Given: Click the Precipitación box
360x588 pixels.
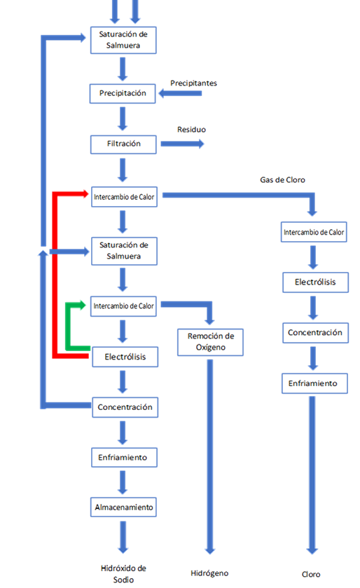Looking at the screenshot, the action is coord(123,93).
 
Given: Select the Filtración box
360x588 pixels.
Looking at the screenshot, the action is coord(123,144).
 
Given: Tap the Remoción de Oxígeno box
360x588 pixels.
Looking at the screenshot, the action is coord(210,342).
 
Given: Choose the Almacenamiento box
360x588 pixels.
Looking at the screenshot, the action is coord(123,507).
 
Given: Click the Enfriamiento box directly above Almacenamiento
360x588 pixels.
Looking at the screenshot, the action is coord(124,457).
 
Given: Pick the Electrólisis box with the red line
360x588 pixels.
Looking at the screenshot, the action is coord(125,357).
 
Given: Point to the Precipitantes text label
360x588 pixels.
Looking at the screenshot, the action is coord(193,83).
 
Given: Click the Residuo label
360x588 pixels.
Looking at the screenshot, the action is coord(191,130).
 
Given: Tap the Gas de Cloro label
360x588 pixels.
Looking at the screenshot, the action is coord(282,180).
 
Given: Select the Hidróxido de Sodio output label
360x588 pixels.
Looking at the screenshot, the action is coord(123,574).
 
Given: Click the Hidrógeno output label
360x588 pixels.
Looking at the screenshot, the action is coord(209,573).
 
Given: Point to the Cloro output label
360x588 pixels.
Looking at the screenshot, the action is coord(311,574).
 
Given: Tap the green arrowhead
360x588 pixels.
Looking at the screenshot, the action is coord(83,305).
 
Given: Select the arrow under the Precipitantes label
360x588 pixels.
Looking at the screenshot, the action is coord(180,93).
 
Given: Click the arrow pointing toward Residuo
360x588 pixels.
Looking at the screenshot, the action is coord(182,144).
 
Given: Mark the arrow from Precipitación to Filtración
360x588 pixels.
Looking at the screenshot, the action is coord(123,118).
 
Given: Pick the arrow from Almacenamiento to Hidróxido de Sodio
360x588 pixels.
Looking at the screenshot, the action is coord(123,537).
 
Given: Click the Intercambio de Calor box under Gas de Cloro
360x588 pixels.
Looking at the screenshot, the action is coord(314,232).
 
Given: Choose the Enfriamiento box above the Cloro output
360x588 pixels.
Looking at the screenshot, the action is coord(314,383).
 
